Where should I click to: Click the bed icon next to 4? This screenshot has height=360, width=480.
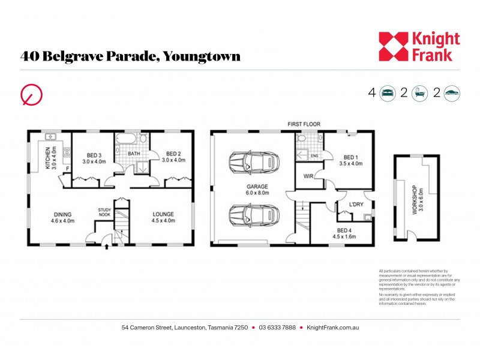click(388, 92)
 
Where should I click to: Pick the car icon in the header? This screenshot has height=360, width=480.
click(452, 92)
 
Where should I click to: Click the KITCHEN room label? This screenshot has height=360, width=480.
click(50, 158)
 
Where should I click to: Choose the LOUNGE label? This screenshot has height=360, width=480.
click(163, 217)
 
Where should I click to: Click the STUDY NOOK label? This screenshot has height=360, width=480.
click(105, 212)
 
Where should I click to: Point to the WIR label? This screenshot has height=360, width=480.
click(308, 176)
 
